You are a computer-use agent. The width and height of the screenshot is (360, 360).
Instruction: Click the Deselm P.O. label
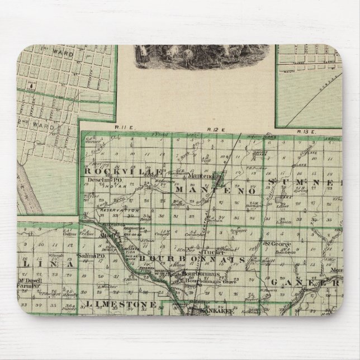99,181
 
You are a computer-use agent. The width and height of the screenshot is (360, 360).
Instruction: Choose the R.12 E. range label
214,130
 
